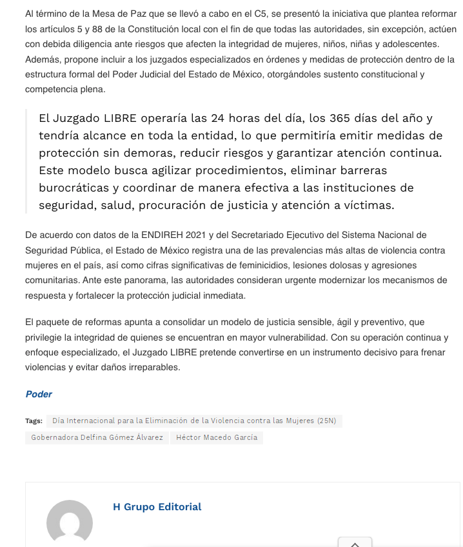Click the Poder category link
pyautogui.click(x=39, y=394)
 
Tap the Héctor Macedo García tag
pyautogui.click(x=217, y=437)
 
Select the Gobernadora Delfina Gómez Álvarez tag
pyautogui.click(x=97, y=437)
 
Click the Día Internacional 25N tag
pyautogui.click(x=193, y=421)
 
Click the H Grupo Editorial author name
pyautogui.click(x=157, y=507)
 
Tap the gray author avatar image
pyautogui.click(x=70, y=521)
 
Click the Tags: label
pyautogui.click(x=34, y=421)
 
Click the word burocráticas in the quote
pyautogui.click(x=77, y=188)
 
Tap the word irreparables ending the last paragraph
pyautogui.click(x=154, y=368)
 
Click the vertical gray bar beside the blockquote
pyautogui.click(x=26, y=161)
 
